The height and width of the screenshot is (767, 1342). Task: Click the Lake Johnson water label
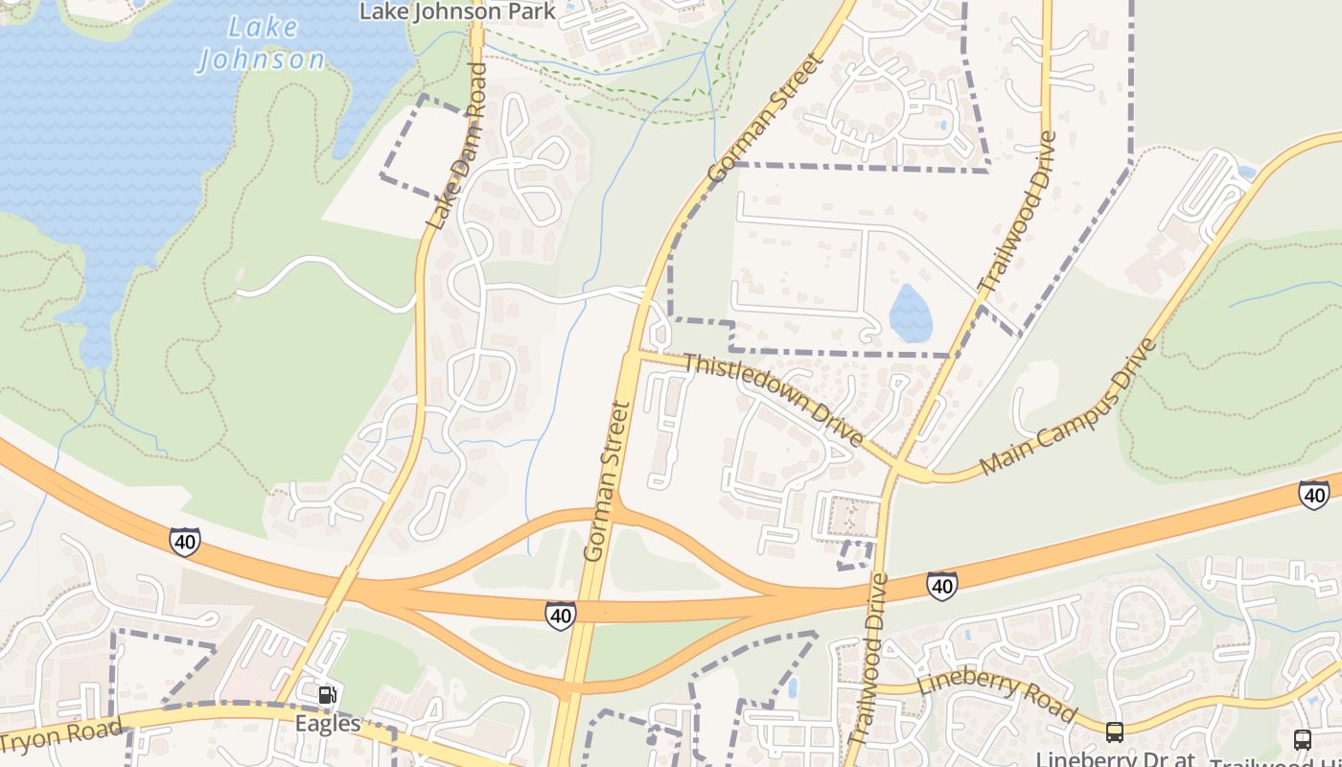tap(262, 43)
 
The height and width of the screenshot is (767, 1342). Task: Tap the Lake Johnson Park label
tap(457, 12)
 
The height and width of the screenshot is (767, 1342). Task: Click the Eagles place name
tap(328, 723)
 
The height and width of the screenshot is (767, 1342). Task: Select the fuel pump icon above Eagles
tap(327, 695)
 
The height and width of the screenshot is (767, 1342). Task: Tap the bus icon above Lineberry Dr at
tap(1114, 732)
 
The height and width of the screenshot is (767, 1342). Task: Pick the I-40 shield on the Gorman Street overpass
tap(561, 616)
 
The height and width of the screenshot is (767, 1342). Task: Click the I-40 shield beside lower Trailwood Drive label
tap(941, 586)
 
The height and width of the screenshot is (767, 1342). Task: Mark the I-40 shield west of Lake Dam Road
tap(185, 541)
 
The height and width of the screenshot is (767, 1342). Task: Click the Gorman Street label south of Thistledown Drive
tap(609, 481)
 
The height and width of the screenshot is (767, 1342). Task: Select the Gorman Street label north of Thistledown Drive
tap(766, 118)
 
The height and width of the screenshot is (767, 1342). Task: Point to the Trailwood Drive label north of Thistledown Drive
tap(1018, 212)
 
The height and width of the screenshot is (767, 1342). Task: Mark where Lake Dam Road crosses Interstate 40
tap(342, 586)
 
